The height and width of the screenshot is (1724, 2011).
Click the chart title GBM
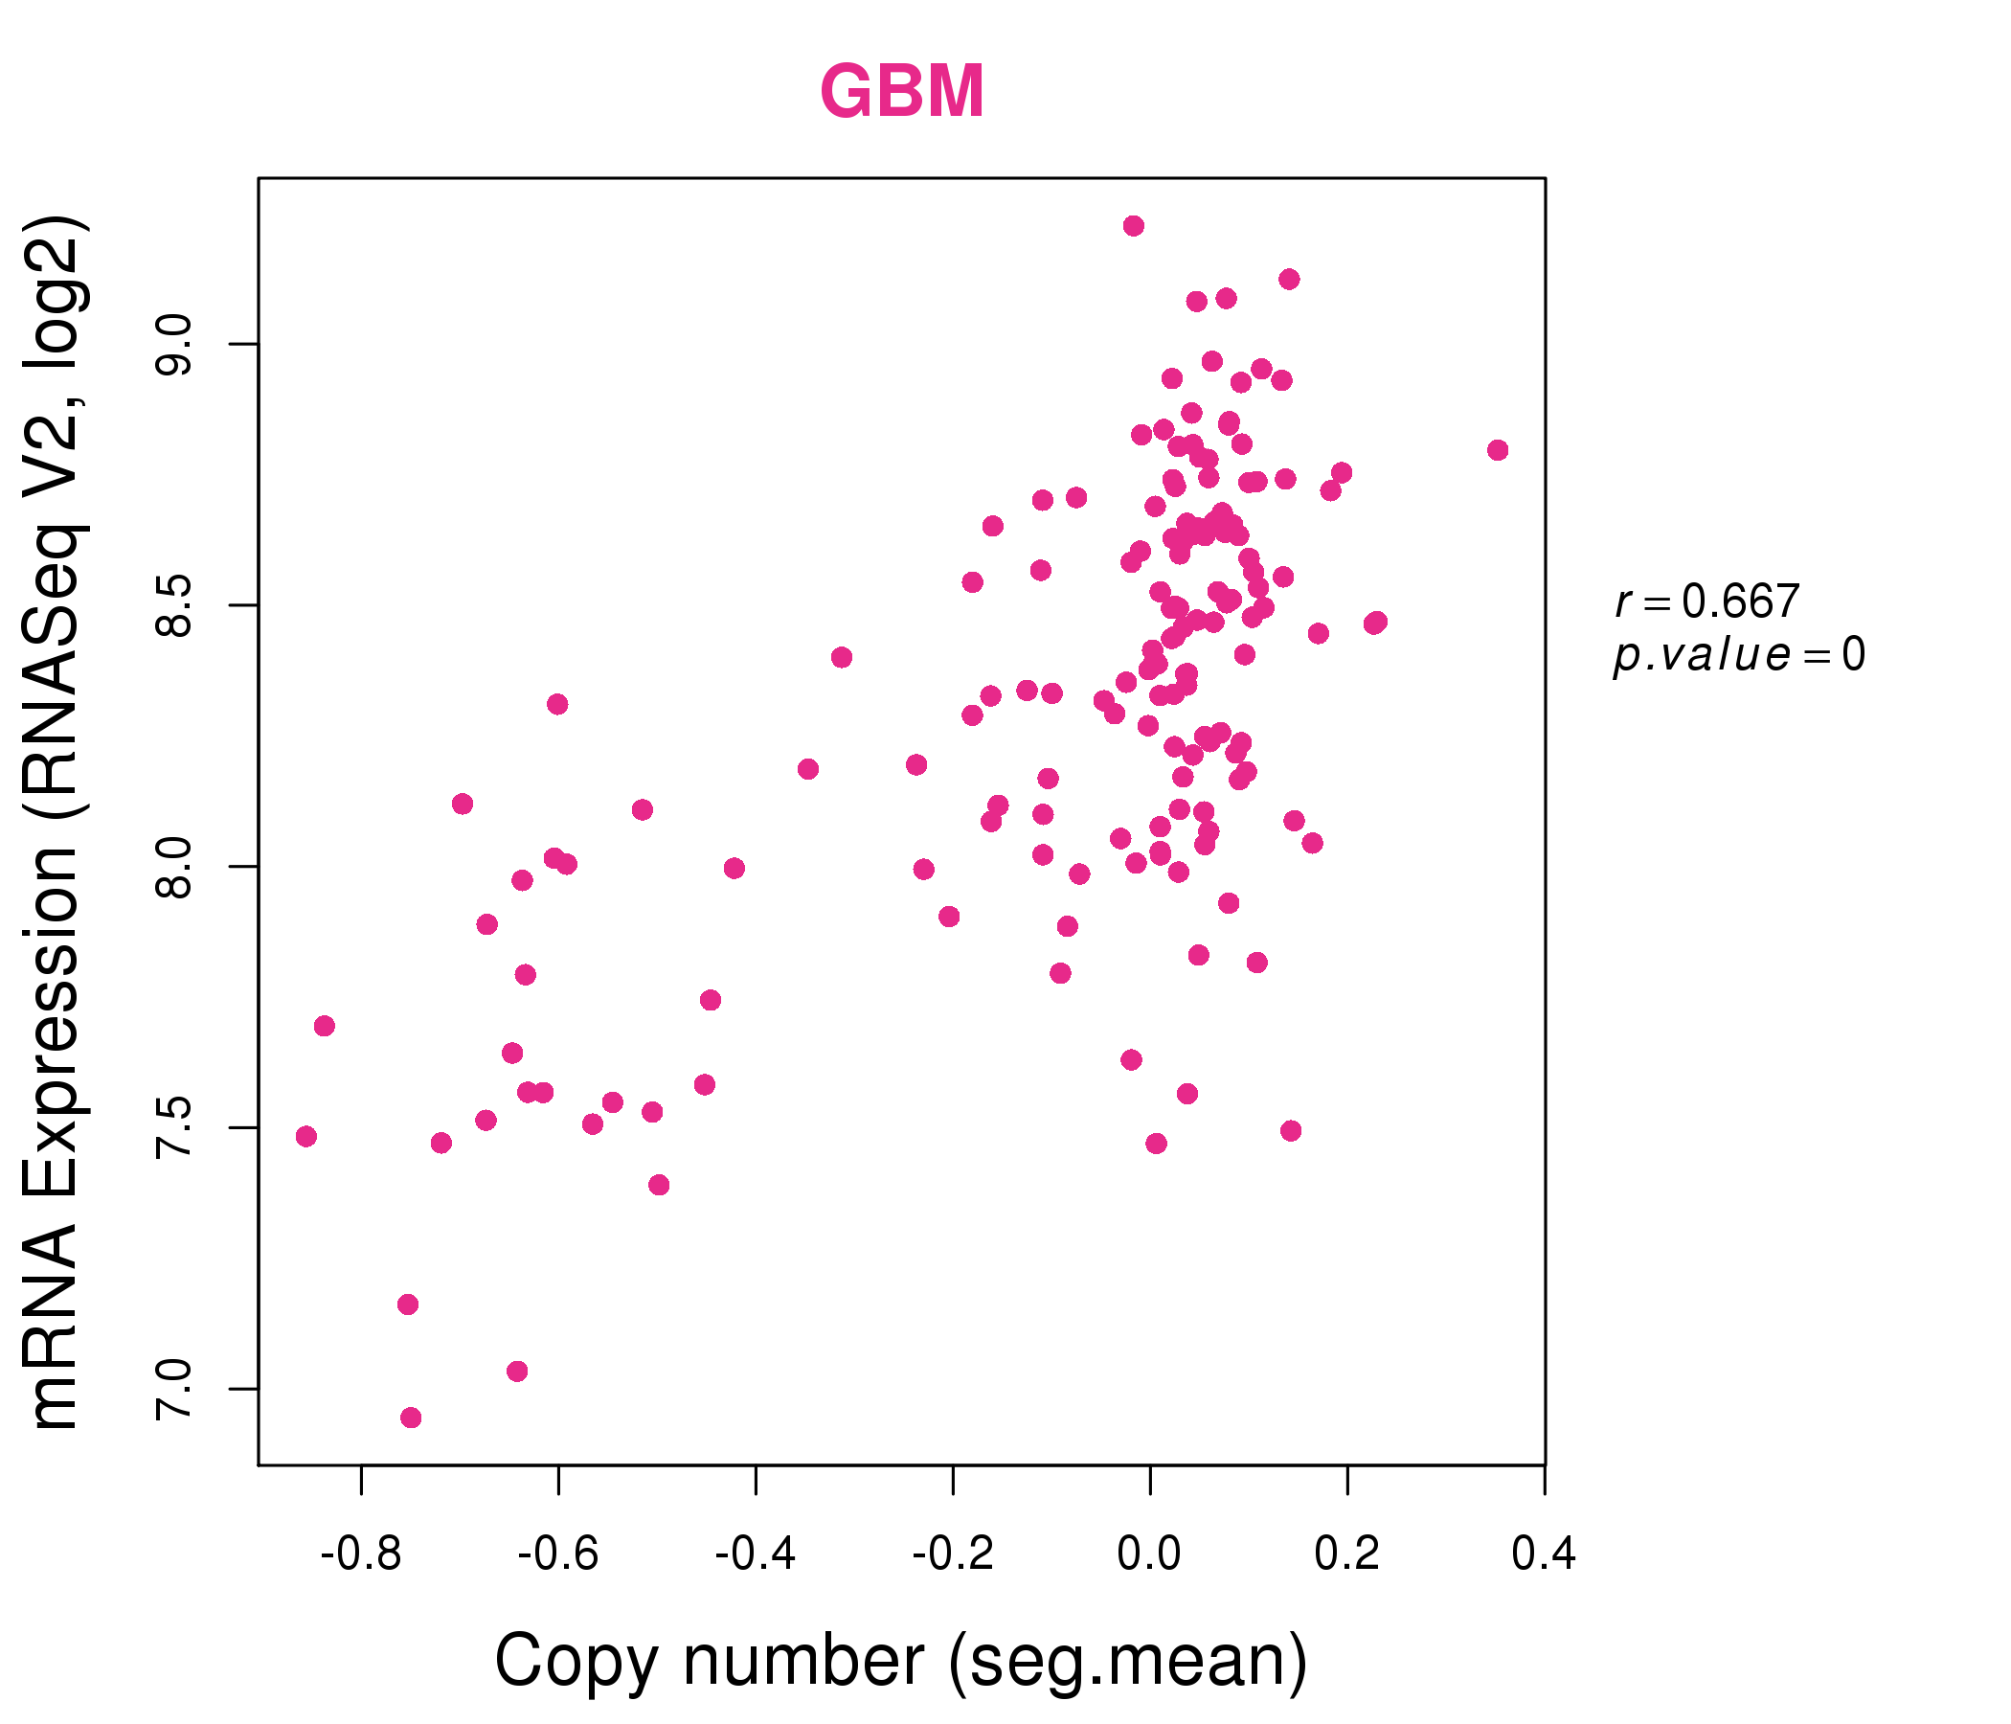pos(903,91)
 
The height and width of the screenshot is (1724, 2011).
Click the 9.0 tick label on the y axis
pos(173,345)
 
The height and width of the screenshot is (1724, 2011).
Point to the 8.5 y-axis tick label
pos(173,605)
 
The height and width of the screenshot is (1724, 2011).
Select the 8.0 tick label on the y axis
pos(173,867)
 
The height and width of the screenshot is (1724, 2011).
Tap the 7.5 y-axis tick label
pos(173,1128)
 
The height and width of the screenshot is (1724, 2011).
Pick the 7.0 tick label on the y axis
pos(173,1389)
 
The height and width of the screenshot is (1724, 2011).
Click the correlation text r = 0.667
pos(1707,601)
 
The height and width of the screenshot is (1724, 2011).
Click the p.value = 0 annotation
pos(1739,655)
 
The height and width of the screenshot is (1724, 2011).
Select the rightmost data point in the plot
pos(1498,450)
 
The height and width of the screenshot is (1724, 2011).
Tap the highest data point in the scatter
pos(1134,226)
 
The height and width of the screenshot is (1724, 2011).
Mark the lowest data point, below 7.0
pos(411,1418)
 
